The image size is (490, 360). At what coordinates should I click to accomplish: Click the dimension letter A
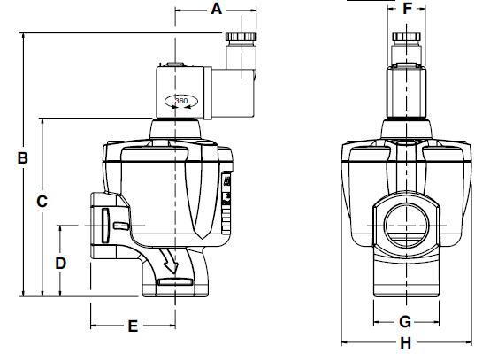216,9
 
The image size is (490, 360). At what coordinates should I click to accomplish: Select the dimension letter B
22,157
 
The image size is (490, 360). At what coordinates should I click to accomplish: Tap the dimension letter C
42,202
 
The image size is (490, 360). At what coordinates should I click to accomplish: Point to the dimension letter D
61,264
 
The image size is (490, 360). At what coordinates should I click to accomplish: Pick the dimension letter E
133,326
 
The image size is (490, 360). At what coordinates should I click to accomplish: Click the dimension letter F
407,9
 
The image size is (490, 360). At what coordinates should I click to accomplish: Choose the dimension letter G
405,322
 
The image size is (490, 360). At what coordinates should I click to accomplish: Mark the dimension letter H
406,343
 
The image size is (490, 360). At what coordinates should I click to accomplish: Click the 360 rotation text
181,101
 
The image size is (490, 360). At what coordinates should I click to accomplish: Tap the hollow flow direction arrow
169,261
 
